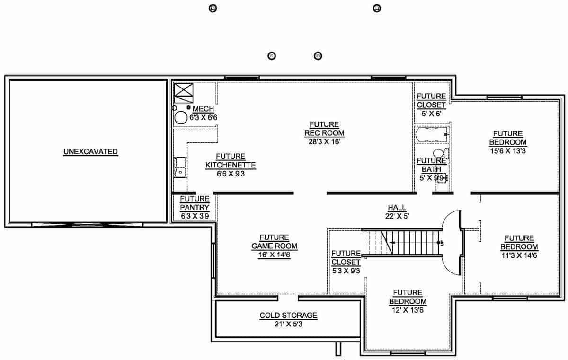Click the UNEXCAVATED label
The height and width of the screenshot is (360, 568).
90,152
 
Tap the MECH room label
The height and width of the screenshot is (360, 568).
203,109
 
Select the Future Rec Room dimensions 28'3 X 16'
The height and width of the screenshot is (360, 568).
324,141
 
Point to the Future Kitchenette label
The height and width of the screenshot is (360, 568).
231,161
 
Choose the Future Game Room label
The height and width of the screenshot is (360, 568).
274,242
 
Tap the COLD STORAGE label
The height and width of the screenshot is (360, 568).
288,316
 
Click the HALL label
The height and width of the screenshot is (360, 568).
397,208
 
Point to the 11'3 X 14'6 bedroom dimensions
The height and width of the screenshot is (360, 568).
519,255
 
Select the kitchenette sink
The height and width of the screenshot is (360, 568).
180,167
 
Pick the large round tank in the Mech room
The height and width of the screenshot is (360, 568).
181,118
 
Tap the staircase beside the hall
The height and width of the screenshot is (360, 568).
402,243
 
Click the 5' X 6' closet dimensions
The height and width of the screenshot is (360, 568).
431,113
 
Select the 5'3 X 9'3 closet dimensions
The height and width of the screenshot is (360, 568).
346,271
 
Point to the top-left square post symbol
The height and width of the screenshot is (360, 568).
212,8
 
